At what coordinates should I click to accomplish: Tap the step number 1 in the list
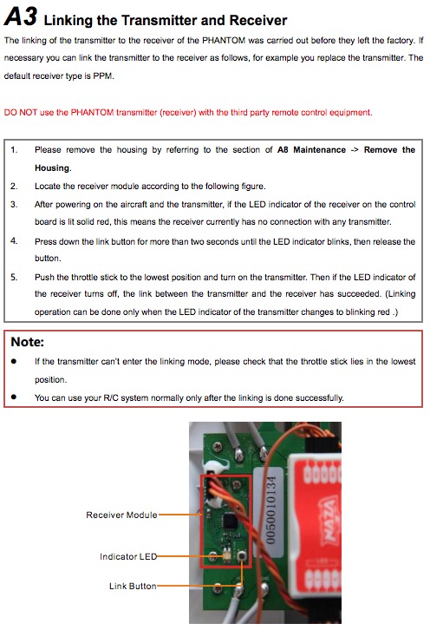[14, 150]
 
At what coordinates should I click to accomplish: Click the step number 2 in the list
[14, 186]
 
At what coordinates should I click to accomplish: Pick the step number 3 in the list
[14, 204]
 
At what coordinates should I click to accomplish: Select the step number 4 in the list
[14, 240]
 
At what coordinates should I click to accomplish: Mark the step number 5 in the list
[14, 277]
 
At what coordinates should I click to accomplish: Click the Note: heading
[27, 342]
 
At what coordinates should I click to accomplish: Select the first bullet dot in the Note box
[14, 361]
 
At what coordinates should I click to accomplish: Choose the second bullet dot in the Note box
[14, 397]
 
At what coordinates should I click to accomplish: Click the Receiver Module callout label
[121, 515]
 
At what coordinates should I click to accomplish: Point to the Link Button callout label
[133, 587]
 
